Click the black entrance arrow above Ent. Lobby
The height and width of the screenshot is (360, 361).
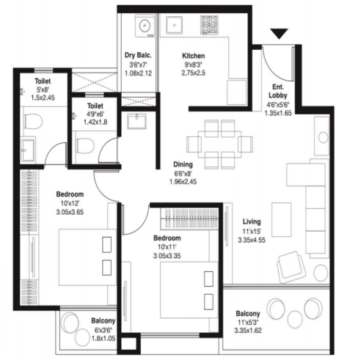coord(280,34)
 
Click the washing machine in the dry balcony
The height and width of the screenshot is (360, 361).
coord(144,26)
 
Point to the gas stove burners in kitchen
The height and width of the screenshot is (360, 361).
coord(208,26)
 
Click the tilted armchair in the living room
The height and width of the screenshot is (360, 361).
coord(288,263)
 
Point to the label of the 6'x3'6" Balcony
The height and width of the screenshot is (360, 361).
coord(103,321)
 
